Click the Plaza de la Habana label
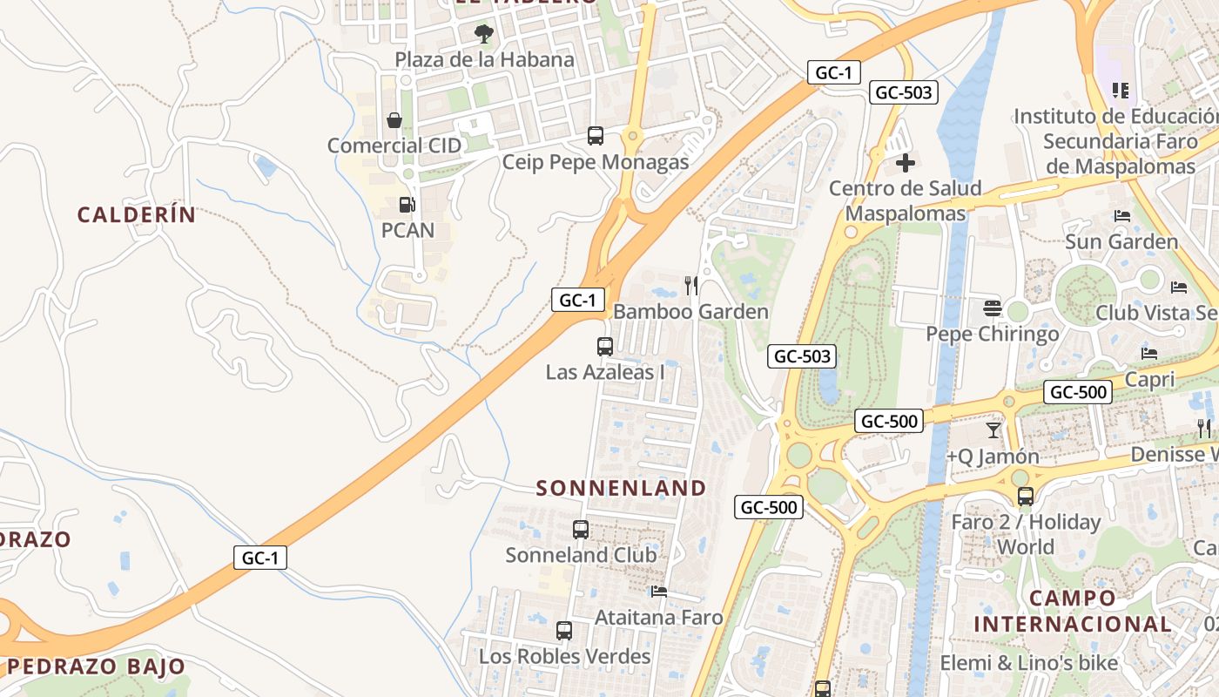coord(484,59)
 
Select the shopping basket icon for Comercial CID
coord(394,120)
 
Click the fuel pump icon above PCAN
coord(407,205)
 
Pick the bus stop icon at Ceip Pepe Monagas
coord(596,136)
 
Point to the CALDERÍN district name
coord(137,214)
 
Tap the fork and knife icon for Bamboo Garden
coord(691,286)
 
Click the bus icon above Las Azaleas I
coord(605,347)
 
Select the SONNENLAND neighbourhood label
coord(621,488)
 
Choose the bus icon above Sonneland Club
coord(581,530)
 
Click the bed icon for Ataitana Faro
coord(659,592)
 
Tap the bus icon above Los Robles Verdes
coord(564,631)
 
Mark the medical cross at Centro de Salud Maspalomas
coord(906,163)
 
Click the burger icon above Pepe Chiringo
coord(992,308)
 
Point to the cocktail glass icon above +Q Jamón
coord(993,430)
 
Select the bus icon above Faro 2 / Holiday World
coord(1026,497)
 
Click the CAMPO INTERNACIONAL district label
coord(1073,611)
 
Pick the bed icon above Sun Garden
coord(1121,216)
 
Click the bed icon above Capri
coord(1149,354)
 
